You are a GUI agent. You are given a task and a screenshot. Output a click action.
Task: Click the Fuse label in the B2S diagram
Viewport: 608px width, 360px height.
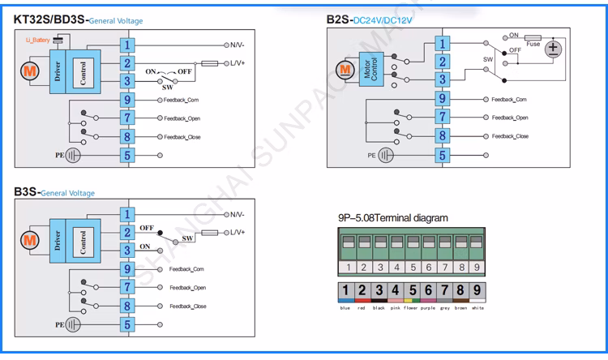tap(533, 44)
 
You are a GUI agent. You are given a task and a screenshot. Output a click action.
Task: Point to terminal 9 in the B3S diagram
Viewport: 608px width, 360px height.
tap(127, 268)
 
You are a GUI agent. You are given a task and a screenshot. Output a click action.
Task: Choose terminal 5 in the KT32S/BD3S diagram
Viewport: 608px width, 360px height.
tap(127, 154)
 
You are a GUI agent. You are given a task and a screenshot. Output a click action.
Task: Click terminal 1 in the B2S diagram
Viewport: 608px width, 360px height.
tap(442, 44)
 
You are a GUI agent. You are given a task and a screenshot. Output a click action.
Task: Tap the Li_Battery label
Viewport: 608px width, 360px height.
tap(37, 40)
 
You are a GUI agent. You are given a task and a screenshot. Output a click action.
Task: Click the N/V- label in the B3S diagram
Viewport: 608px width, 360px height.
tap(236, 215)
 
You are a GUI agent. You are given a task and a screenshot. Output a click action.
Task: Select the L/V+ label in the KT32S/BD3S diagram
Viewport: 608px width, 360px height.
tap(236, 62)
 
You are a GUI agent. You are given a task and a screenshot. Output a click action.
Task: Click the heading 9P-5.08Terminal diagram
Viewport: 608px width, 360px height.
tap(393, 218)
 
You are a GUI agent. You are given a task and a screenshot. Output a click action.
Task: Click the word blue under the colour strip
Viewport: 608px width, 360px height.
tap(346, 309)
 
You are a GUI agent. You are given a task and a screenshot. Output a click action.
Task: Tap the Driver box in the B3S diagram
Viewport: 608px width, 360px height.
tap(57, 241)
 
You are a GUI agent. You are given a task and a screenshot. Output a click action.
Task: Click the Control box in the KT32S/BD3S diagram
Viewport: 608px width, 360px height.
tap(82, 71)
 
